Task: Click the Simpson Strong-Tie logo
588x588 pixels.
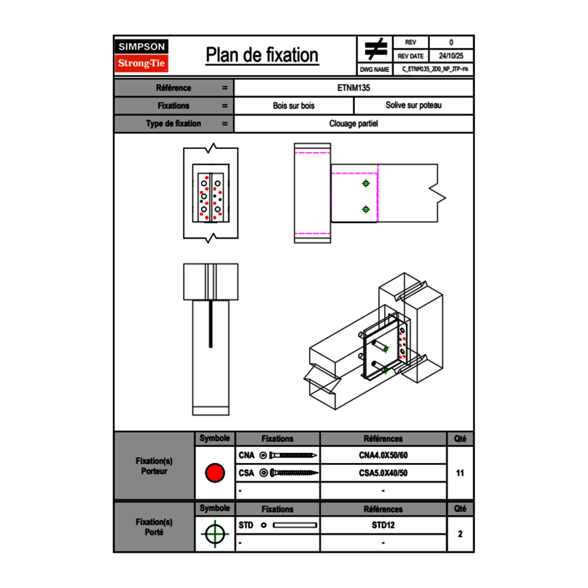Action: pos(142,55)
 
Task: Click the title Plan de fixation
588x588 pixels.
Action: pos(262,55)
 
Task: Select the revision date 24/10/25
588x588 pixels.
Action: pos(451,56)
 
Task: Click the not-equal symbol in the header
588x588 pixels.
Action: pos(376,49)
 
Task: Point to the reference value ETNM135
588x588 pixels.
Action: pos(354,88)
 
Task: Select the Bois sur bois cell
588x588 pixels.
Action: pos(294,106)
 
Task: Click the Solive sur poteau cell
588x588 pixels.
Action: pos(414,106)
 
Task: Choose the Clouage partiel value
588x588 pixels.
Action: pos(354,124)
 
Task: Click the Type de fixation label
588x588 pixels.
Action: pos(174,124)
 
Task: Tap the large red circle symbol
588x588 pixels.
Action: pos(214,473)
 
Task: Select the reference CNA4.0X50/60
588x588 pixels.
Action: pos(383,455)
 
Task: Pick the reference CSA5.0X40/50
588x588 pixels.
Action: pos(383,473)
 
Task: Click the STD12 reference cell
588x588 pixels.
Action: pos(383,525)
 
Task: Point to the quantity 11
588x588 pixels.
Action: pos(460,473)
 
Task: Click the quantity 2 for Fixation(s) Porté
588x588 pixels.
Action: pos(460,534)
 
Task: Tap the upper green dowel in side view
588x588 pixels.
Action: pos(365,183)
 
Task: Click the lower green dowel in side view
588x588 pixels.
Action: pos(365,209)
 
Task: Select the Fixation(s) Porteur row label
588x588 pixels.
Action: pos(154,466)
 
